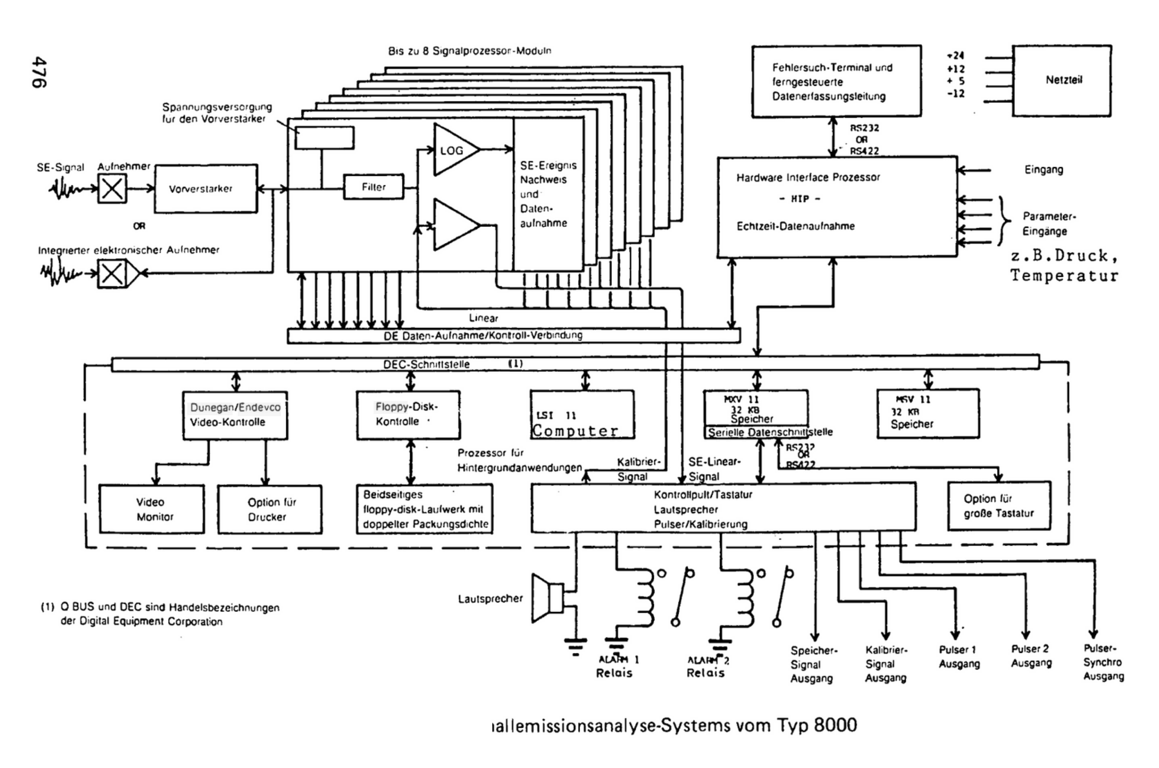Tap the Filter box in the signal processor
click(374, 187)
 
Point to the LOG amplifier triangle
click(453, 150)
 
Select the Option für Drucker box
click(270, 509)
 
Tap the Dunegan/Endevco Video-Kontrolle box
click(235, 415)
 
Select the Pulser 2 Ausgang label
click(1031, 655)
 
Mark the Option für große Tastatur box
click(999, 506)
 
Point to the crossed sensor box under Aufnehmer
click(112, 189)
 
